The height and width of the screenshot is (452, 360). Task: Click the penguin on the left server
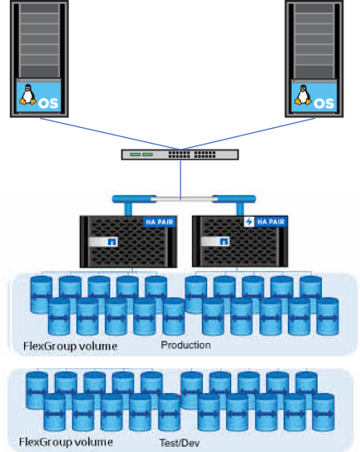27,94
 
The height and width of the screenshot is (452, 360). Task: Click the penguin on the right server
303,95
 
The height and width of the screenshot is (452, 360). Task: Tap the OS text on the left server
48,103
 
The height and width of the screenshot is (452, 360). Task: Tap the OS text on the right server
323,104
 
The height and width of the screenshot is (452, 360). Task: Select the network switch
180,155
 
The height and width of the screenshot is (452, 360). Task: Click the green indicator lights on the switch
141,155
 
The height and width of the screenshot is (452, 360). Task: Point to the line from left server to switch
110,134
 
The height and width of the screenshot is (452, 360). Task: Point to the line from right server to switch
248,134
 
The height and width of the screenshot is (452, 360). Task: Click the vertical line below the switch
180,179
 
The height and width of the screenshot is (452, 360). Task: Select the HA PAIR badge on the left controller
160,222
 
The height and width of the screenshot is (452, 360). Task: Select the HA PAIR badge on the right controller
270,221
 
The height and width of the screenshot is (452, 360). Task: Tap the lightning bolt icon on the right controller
249,222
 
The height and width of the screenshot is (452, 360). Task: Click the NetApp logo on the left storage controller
111,242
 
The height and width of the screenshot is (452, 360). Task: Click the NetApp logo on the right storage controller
224,242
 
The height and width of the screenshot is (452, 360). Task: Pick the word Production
185,345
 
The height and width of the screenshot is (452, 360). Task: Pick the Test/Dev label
180,443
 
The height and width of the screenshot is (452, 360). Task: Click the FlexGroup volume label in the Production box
70,346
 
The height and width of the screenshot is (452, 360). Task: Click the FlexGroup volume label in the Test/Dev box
66,442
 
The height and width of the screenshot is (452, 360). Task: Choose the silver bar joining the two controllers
184,199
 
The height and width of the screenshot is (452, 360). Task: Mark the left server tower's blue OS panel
38,97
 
